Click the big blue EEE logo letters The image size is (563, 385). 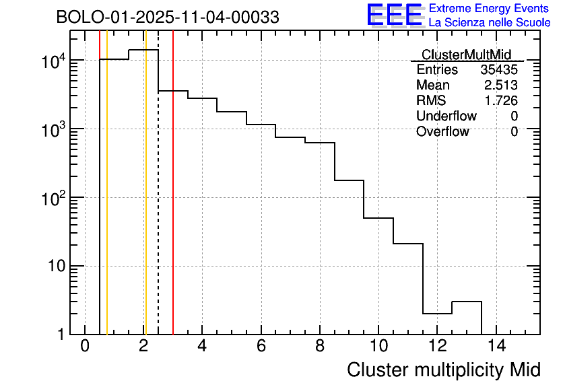pyautogui.click(x=395, y=15)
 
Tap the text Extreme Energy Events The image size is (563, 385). pyautogui.click(x=490, y=9)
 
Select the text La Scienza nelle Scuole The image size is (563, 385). pyautogui.click(x=490, y=23)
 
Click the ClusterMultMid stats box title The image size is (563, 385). pyautogui.click(x=466, y=55)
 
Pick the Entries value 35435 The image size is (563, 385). pyautogui.click(x=499, y=70)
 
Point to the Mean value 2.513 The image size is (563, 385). pyautogui.click(x=501, y=85)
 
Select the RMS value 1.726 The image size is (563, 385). pyautogui.click(x=501, y=101)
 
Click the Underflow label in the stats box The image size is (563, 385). pyautogui.click(x=446, y=116)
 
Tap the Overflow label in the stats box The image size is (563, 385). pyautogui.click(x=442, y=132)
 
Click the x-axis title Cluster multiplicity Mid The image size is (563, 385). pyautogui.click(x=443, y=370)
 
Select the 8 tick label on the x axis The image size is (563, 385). pyautogui.click(x=320, y=347)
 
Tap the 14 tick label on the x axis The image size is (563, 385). pyautogui.click(x=496, y=347)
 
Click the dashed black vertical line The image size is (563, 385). pyautogui.click(x=158, y=202)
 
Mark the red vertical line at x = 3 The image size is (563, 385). pyautogui.click(x=173, y=202)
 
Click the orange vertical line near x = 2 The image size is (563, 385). pyautogui.click(x=145, y=202)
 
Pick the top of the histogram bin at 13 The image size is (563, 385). pyautogui.click(x=467, y=302)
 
